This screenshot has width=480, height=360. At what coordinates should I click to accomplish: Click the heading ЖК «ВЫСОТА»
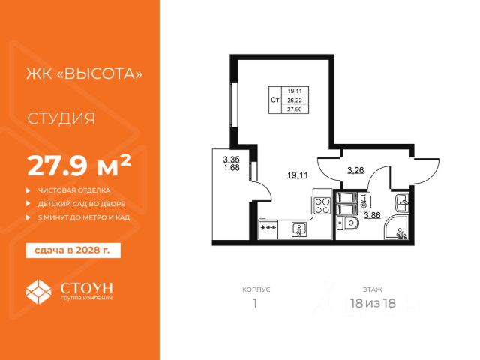point(84,73)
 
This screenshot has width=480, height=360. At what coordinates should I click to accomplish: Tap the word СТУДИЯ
point(61,118)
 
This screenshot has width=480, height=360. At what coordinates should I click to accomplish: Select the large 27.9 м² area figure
point(79,166)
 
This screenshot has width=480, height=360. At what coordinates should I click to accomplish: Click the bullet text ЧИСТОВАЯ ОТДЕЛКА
point(74,190)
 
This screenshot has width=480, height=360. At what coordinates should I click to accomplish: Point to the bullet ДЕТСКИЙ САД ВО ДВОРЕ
point(82,204)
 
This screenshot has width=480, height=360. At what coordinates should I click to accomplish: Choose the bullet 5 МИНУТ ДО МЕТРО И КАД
point(84,217)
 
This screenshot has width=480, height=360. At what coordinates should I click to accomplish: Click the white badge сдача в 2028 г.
point(73,250)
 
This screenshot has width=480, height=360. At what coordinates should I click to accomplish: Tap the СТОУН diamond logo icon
point(38,292)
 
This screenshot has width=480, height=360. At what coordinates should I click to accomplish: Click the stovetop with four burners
point(322,206)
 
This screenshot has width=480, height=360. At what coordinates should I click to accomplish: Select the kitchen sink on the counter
point(300,230)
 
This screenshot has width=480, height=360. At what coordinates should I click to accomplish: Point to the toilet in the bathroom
point(347,223)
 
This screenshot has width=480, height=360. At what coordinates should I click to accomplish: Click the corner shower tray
point(396,227)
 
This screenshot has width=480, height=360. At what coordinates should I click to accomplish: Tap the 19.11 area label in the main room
point(298,175)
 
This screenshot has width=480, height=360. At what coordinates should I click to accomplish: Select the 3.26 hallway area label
point(355,170)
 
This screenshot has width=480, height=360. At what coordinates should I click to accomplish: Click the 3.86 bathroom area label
point(372,215)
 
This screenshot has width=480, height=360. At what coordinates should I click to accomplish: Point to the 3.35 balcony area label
point(232,160)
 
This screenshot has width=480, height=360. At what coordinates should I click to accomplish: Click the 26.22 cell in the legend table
point(295,100)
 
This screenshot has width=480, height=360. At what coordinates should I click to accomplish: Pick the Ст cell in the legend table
point(275,100)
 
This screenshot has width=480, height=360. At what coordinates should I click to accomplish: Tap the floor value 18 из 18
point(373,303)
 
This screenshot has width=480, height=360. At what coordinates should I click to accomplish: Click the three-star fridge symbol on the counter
point(268,228)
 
